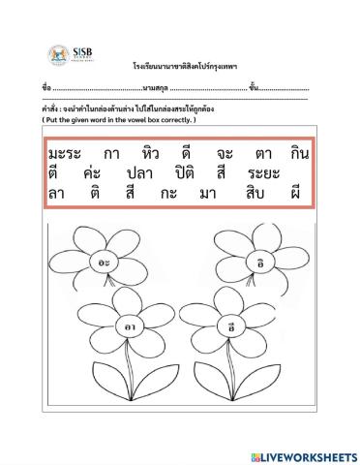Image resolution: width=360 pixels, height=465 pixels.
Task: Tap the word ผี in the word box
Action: coord(302,195)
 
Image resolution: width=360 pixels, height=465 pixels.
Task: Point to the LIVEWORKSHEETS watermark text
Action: coord(304,455)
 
